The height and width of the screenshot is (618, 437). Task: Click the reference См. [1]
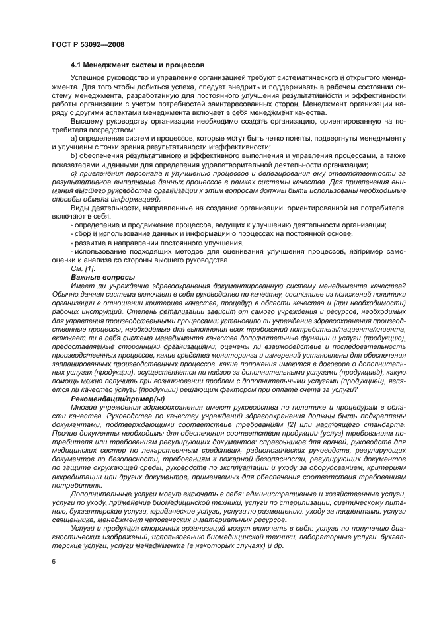click(83, 268)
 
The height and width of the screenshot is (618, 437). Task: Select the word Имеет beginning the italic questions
click(83, 286)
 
